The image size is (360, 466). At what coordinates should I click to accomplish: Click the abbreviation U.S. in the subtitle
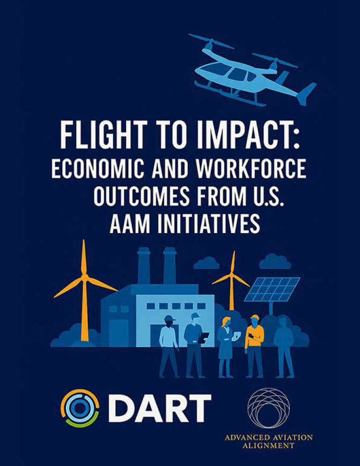pos(266,196)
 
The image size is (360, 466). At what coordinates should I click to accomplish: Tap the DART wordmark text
pos(159,408)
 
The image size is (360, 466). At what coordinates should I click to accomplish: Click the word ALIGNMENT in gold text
pos(269,445)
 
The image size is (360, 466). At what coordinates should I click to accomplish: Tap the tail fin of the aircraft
pos(306,93)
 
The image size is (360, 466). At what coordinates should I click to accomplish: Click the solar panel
pos(272,289)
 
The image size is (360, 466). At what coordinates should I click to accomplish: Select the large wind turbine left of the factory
pos(85,290)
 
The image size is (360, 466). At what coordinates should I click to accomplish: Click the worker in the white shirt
pos(169,346)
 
